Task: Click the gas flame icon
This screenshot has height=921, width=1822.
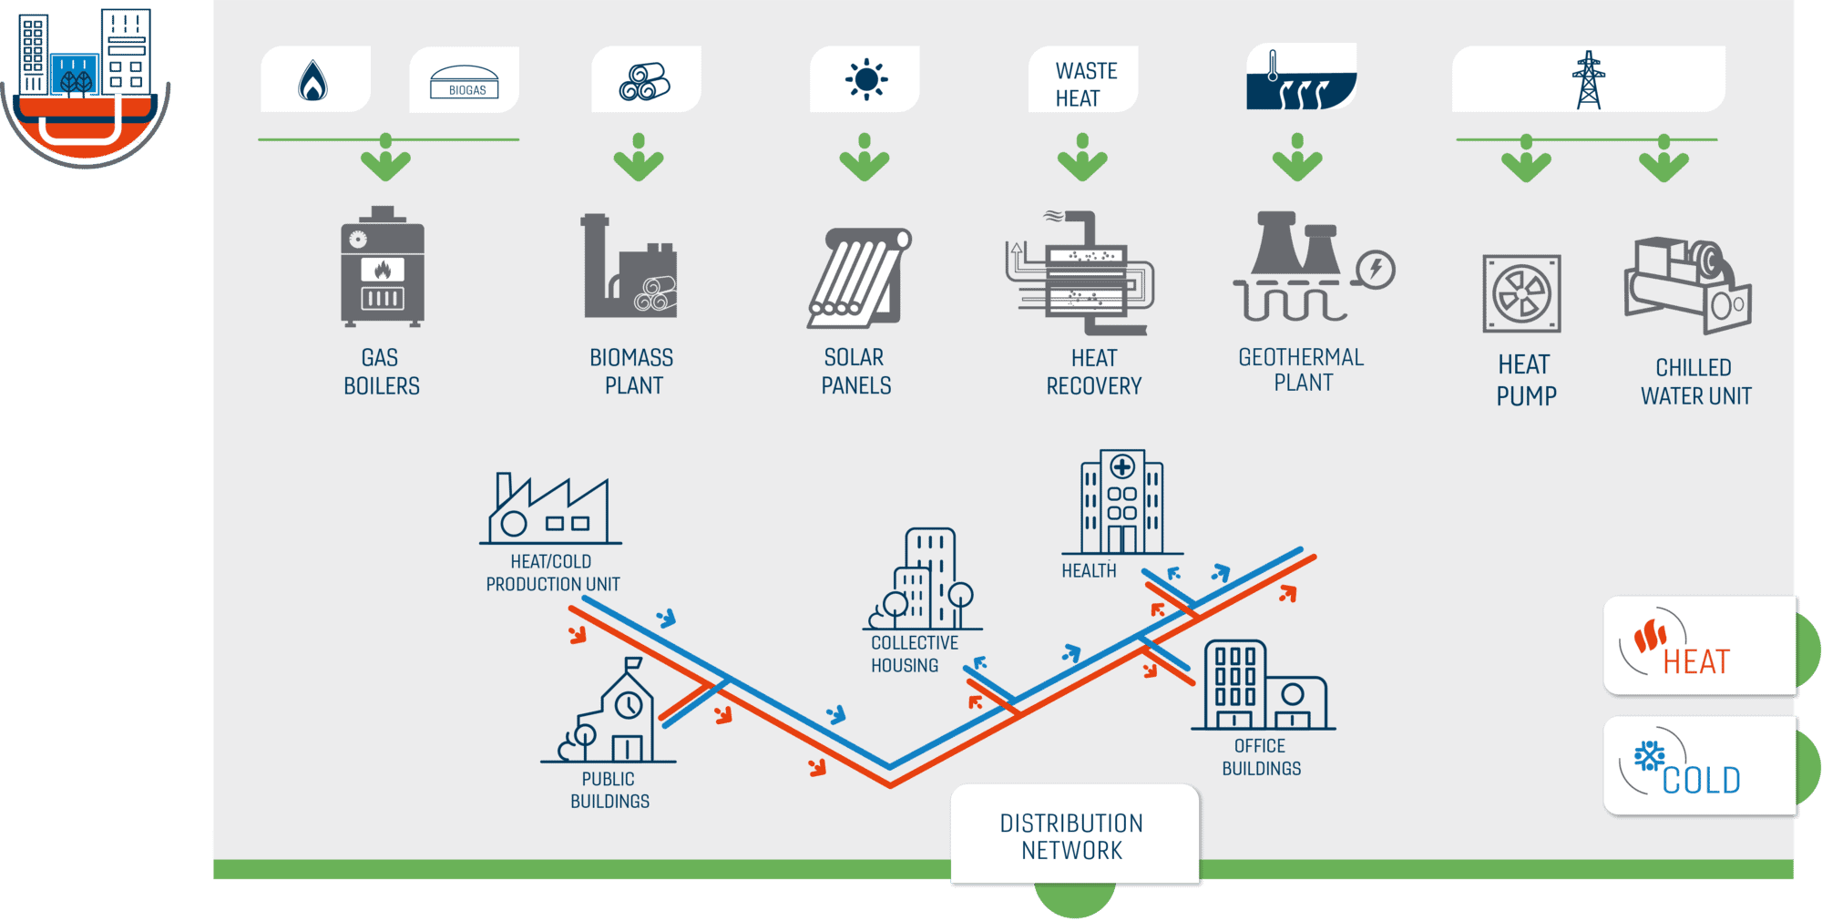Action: tap(312, 81)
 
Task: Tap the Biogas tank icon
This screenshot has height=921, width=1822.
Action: tap(465, 81)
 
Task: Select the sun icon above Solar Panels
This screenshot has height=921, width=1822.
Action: tap(865, 80)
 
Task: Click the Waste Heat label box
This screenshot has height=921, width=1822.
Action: tap(1083, 79)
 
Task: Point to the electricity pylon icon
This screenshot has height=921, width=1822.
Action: tap(1589, 80)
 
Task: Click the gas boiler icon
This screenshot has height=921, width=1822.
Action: tap(383, 266)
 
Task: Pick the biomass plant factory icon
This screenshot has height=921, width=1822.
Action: tap(630, 266)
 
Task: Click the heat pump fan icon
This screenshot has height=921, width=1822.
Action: tap(1521, 293)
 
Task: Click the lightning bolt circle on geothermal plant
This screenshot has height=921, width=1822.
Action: tap(1376, 270)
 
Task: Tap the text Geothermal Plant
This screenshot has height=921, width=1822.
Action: tap(1302, 369)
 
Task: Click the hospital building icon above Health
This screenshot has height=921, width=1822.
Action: tap(1121, 502)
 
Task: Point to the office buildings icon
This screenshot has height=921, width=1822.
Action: tap(1264, 685)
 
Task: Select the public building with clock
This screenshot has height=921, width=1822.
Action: tap(609, 711)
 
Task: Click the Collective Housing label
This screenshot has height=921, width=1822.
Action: tap(915, 654)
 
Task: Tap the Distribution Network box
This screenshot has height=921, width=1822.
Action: tap(1075, 834)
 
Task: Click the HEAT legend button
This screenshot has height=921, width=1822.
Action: tap(1700, 646)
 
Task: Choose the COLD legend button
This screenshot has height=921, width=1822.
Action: tap(1700, 765)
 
